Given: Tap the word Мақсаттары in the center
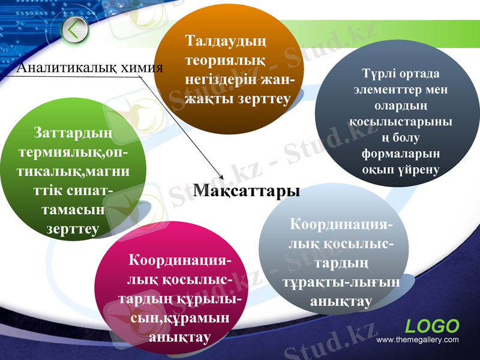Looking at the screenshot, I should pyautogui.click(x=247, y=191).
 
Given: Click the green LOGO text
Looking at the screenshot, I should pyautogui.click(x=432, y=326).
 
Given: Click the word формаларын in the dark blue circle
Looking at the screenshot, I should pyautogui.click(x=400, y=153).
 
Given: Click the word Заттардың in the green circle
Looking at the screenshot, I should pyautogui.click(x=74, y=130).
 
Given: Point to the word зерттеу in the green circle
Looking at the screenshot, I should pyautogui.click(x=73, y=229).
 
